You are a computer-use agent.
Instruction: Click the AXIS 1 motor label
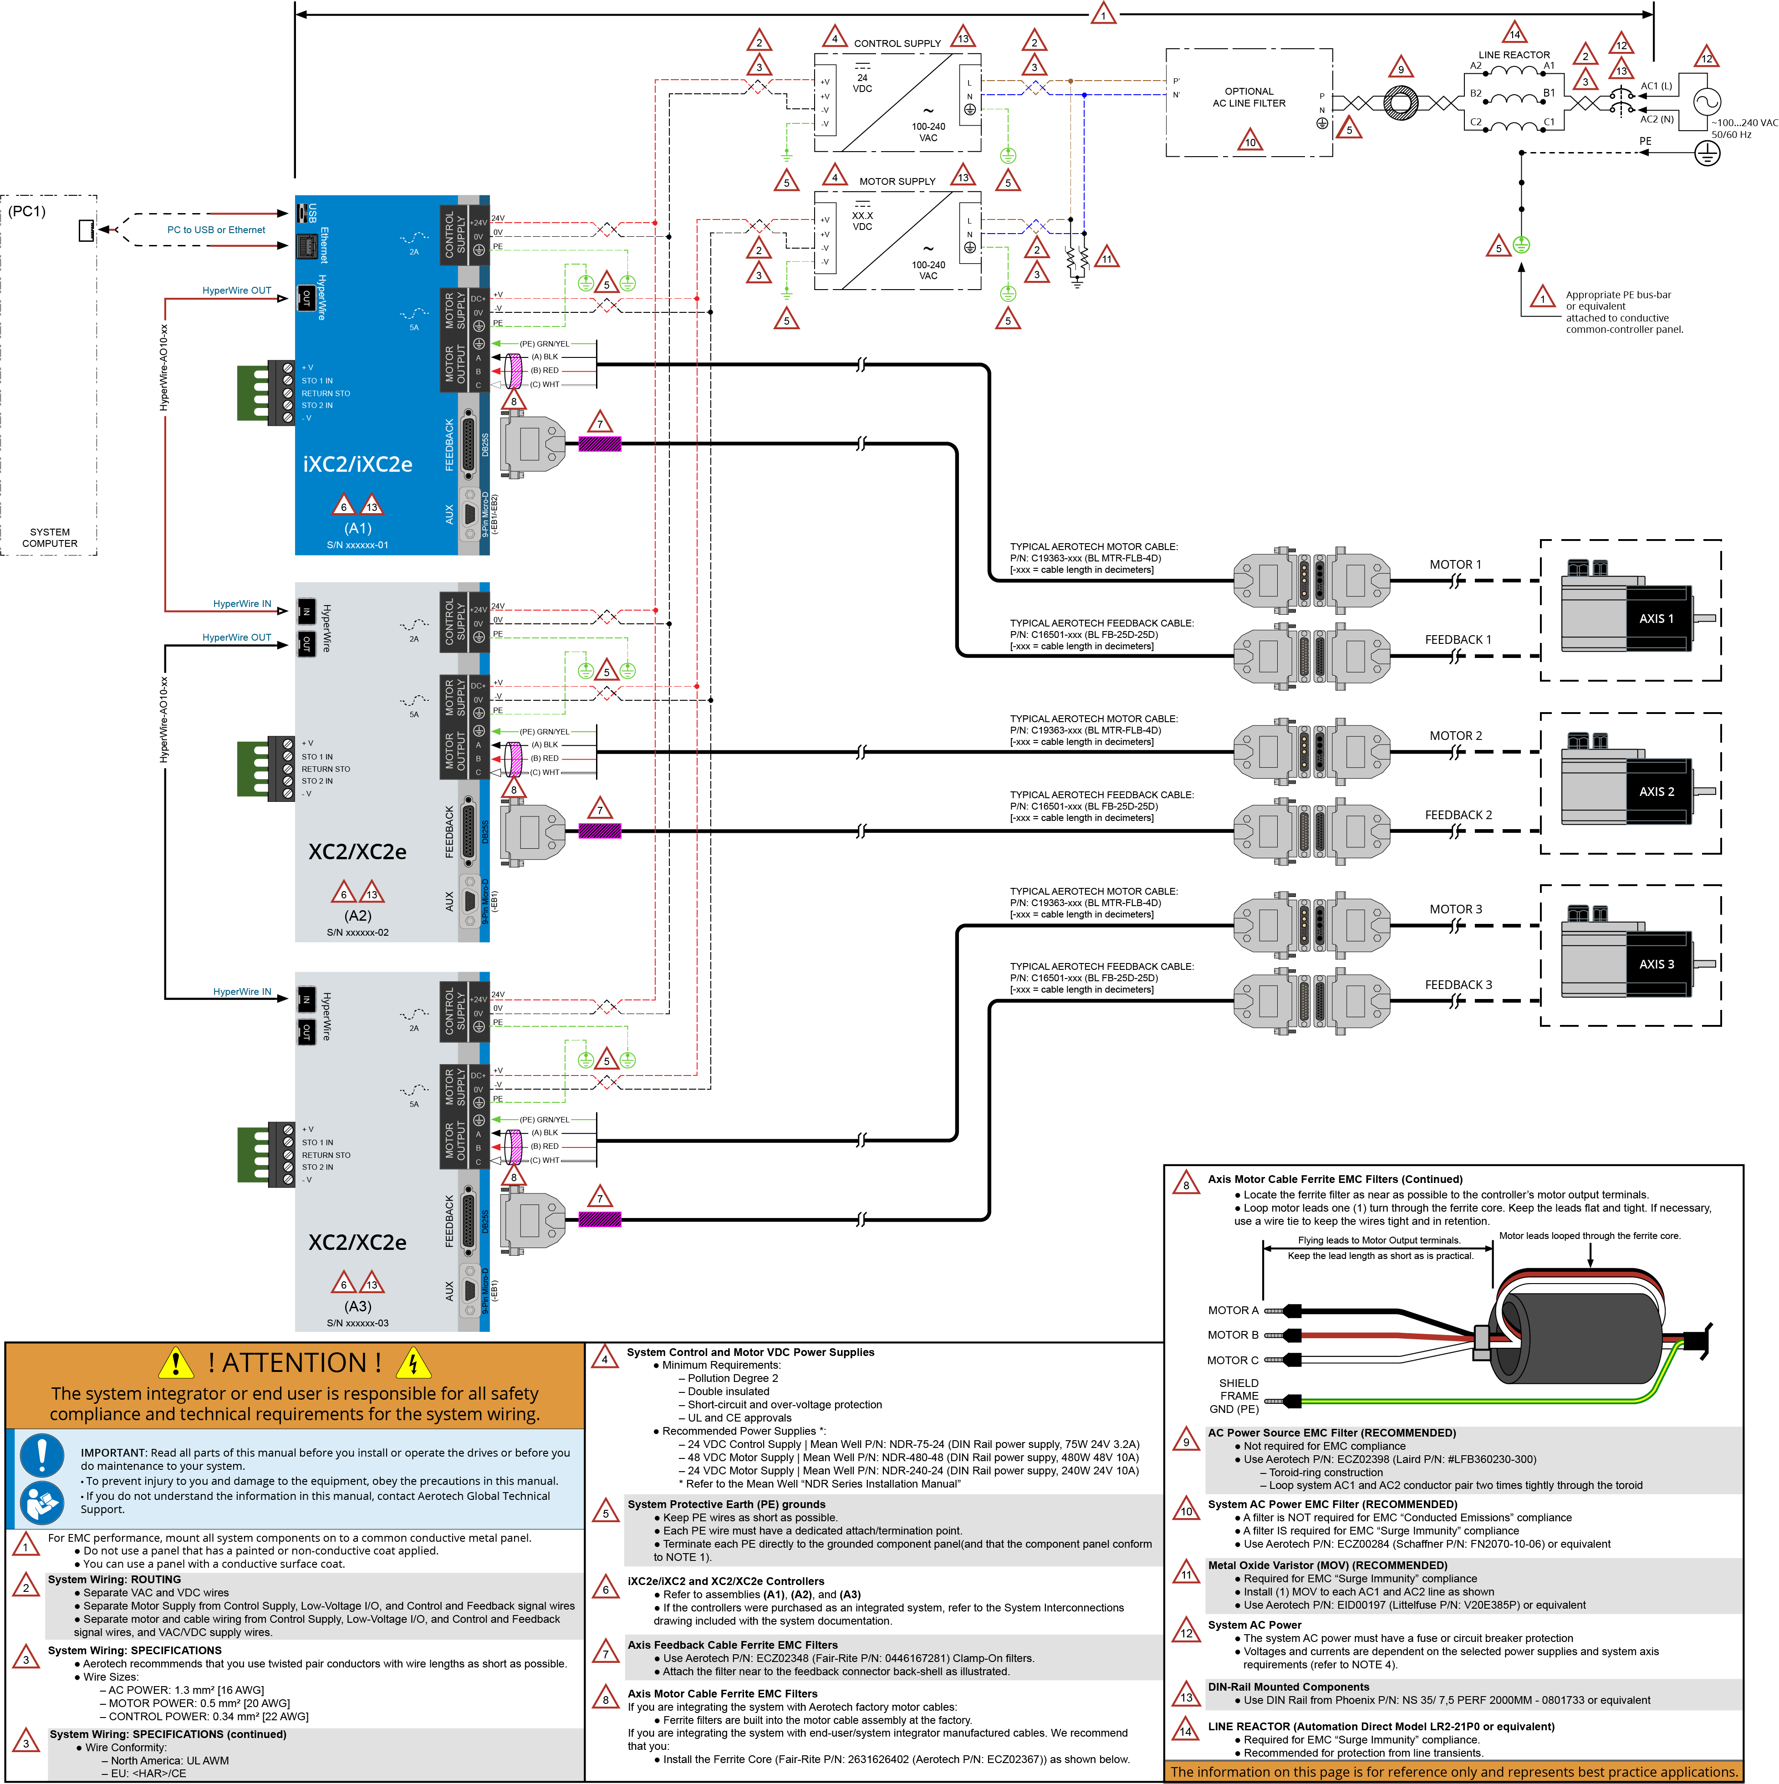tap(1656, 619)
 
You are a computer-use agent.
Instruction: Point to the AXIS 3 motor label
tap(1656, 964)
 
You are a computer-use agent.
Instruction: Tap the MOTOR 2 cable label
tap(1456, 736)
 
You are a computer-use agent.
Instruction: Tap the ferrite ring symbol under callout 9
tap(1401, 102)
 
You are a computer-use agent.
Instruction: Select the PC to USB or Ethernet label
tap(216, 230)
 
